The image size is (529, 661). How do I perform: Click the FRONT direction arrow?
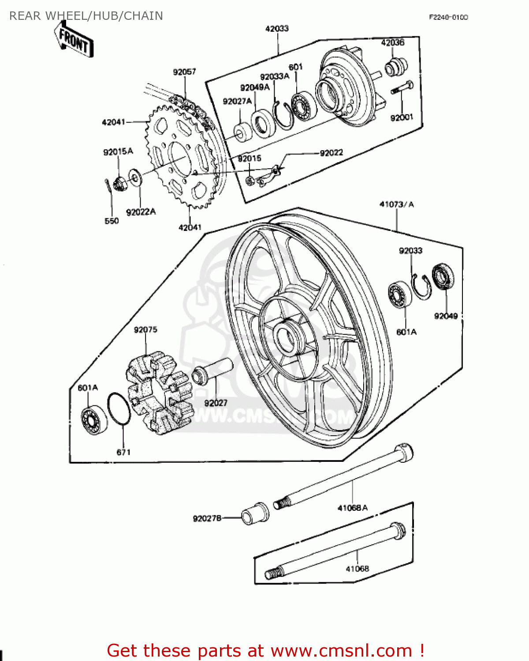(74, 40)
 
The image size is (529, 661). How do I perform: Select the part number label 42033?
(277, 29)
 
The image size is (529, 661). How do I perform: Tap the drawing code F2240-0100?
(448, 17)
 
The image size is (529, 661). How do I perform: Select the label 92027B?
(207, 518)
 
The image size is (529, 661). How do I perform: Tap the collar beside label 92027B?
(255, 513)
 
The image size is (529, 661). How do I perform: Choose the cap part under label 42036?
(395, 67)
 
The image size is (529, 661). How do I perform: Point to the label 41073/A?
(396, 204)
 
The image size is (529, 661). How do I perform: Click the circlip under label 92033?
(422, 287)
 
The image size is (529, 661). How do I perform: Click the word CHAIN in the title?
(143, 16)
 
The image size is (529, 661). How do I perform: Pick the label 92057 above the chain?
(184, 72)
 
